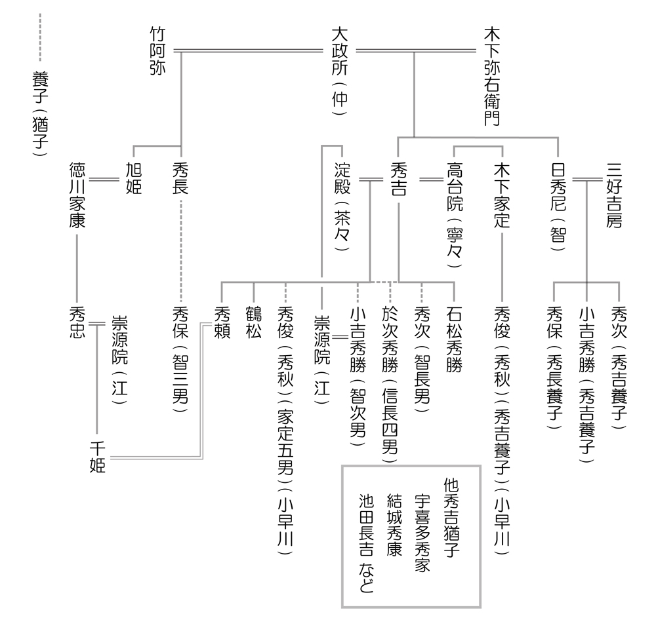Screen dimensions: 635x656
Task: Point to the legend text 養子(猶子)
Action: point(39,111)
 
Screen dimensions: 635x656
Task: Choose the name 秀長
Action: point(181,178)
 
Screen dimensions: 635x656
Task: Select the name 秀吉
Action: point(398,178)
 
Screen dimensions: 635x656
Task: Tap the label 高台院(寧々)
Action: point(454,214)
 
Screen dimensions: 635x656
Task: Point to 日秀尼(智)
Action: point(558,203)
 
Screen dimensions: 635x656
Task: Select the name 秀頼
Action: point(222,321)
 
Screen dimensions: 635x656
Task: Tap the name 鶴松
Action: point(253,321)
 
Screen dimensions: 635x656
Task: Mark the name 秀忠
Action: point(77,321)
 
